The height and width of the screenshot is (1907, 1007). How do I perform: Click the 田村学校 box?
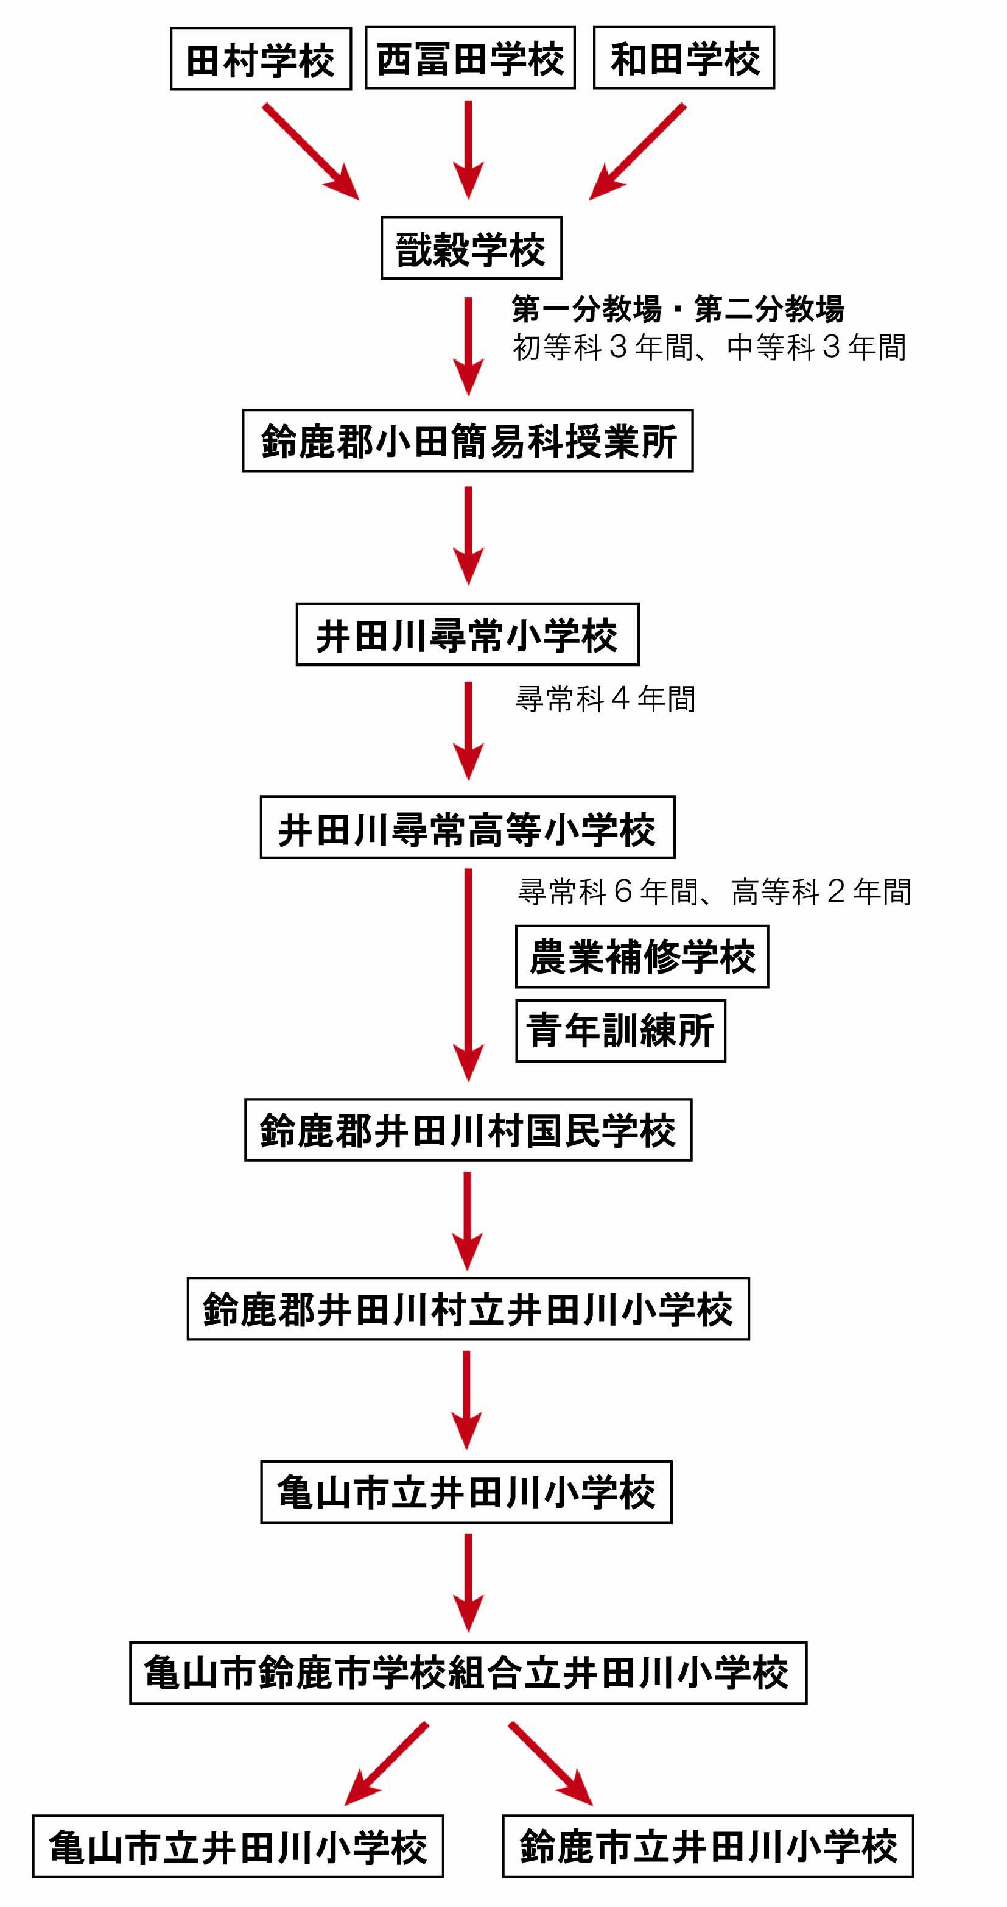(261, 59)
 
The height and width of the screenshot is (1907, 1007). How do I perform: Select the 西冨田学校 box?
(470, 58)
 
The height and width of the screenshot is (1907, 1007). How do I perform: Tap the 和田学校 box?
(684, 58)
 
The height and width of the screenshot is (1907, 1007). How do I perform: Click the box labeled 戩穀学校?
(471, 248)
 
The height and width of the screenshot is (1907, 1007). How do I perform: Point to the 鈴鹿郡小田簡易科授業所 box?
(468, 441)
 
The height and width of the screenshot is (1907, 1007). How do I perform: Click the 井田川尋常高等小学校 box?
(467, 827)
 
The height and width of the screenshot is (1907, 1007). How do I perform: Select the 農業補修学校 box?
(642, 957)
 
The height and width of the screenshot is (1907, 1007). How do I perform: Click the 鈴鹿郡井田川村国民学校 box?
(468, 1130)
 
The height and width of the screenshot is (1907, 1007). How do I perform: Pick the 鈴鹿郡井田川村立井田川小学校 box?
(468, 1309)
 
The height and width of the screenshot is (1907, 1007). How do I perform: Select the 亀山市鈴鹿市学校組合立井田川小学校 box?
(468, 1673)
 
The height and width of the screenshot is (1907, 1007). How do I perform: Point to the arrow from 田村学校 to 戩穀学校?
(310, 151)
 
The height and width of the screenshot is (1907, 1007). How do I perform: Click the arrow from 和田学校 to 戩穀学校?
(638, 151)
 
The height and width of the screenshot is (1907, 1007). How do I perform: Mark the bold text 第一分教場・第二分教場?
(677, 309)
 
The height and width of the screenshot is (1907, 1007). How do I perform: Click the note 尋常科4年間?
(605, 699)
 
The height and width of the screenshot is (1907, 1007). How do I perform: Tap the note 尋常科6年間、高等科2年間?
(714, 891)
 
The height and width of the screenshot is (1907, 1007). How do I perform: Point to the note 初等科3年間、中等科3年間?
(709, 347)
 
